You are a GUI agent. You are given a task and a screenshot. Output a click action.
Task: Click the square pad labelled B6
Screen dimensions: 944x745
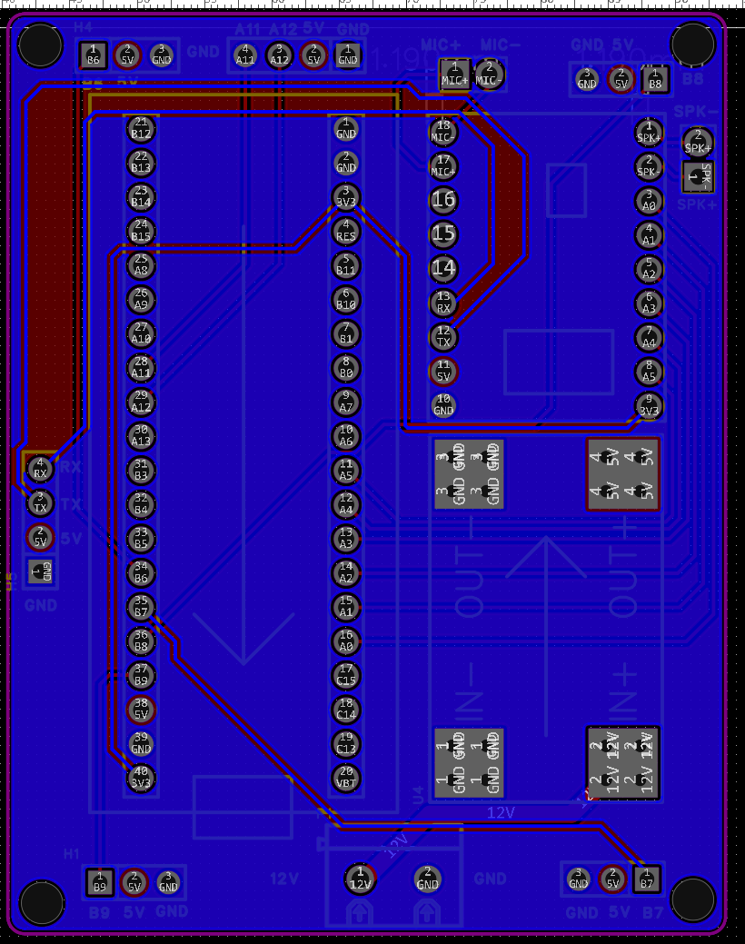click(x=93, y=55)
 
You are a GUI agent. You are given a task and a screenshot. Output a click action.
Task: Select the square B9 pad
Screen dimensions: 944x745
click(x=99, y=881)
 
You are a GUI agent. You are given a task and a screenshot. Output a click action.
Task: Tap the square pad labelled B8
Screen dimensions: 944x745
click(x=655, y=80)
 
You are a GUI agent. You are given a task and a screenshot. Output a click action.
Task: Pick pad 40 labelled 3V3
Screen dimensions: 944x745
click(x=141, y=778)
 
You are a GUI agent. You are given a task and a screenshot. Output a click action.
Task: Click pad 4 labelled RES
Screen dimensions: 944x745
click(x=346, y=231)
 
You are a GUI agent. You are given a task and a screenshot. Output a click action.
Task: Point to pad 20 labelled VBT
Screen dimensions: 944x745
click(x=346, y=778)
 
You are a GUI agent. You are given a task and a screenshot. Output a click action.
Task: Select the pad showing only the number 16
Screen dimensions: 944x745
click(x=443, y=200)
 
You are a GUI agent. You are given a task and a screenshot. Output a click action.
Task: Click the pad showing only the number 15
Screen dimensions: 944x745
click(x=443, y=234)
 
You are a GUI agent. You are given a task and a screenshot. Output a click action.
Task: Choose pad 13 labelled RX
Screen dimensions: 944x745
click(x=443, y=303)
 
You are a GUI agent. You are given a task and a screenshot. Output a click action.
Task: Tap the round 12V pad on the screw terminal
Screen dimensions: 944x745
click(x=361, y=879)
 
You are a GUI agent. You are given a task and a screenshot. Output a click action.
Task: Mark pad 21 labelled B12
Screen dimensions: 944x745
click(x=141, y=128)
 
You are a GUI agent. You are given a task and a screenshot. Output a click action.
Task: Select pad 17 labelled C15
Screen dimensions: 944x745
click(x=346, y=675)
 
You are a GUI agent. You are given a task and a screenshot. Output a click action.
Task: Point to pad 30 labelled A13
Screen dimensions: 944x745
click(x=141, y=436)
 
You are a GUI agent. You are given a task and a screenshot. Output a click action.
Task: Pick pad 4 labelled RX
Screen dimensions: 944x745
click(x=40, y=469)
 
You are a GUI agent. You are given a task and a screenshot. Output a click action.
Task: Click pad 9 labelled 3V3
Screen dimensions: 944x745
click(x=649, y=405)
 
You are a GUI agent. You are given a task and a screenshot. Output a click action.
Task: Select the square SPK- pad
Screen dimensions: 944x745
click(x=698, y=176)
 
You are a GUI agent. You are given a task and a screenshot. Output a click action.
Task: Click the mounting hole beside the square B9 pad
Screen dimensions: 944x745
click(x=41, y=901)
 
